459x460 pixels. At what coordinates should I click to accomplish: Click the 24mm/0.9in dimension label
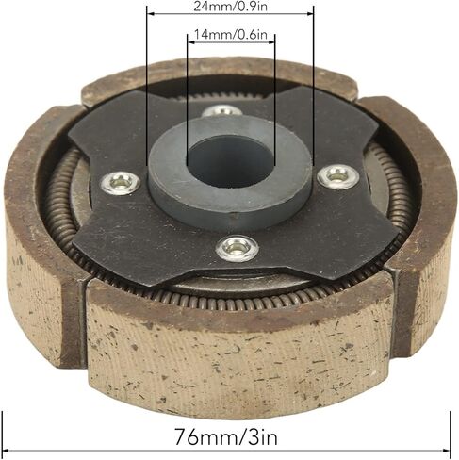(230, 6)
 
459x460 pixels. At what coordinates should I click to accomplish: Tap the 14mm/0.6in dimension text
(231, 34)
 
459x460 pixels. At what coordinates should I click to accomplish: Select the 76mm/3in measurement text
(226, 436)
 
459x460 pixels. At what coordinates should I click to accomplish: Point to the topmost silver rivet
(221, 110)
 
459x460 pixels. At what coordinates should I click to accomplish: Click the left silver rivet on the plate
(121, 182)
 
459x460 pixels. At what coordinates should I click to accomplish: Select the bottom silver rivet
(238, 249)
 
